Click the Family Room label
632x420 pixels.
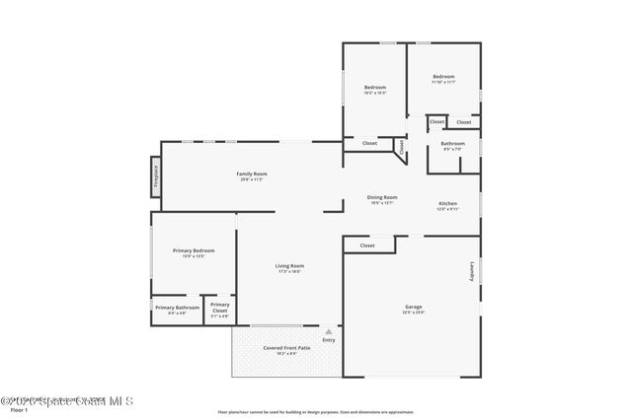pos(252,175)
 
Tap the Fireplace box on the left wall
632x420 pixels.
pos(155,175)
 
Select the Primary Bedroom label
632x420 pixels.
pos(194,250)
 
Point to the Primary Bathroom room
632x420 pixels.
pos(177,309)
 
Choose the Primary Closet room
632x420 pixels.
pos(220,309)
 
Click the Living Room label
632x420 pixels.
pos(289,265)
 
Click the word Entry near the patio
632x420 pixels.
pos(328,341)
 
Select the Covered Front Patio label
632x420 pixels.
pos(286,348)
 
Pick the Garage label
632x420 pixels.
pos(413,307)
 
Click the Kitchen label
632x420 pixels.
pos(447,205)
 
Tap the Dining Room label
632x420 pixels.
pos(382,197)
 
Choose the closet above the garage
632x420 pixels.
pos(367,245)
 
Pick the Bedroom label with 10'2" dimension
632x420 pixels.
pos(374,88)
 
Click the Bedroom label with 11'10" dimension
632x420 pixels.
pos(443,77)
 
